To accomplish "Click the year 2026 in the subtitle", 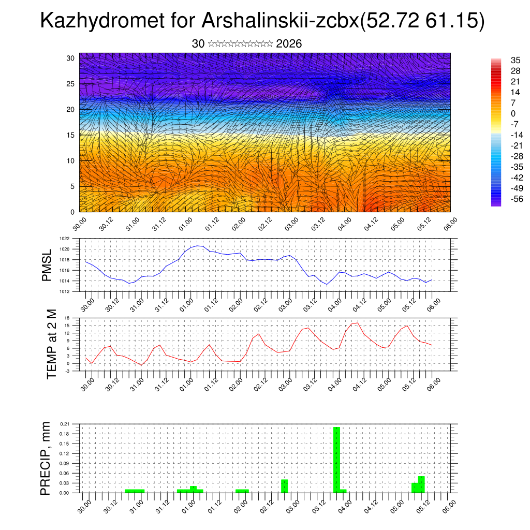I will pyautogui.click(x=289, y=44).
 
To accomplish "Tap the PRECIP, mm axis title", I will pyautogui.click(x=46, y=458).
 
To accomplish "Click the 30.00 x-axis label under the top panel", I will pyautogui.click(x=80, y=224).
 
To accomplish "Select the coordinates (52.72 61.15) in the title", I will pyautogui.click(x=421, y=21).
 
